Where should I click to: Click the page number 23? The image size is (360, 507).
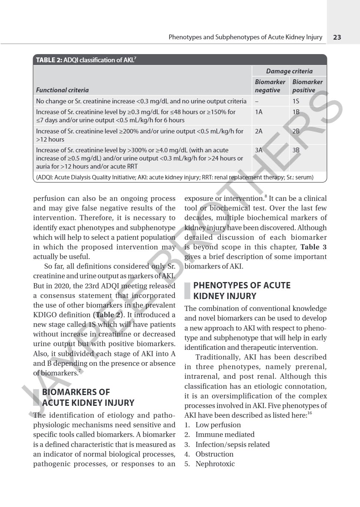(x=337, y=37)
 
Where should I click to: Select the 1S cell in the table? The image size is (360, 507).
(x=295, y=101)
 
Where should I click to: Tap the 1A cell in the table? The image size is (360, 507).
(x=258, y=112)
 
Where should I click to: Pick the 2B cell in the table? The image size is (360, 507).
(x=296, y=131)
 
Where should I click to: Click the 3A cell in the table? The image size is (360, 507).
(x=258, y=150)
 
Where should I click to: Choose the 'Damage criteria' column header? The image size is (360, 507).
(x=289, y=71)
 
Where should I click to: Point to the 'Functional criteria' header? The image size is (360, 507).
(x=62, y=90)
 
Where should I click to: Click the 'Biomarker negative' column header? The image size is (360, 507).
(x=270, y=86)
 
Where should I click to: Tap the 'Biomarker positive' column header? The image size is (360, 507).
(x=307, y=86)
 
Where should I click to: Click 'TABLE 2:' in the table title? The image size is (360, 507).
(x=49, y=60)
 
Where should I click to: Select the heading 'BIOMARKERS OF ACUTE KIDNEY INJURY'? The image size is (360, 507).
(x=88, y=397)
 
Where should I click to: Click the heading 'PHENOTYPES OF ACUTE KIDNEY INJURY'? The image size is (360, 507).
(x=242, y=291)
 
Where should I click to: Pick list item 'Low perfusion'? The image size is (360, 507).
(x=218, y=425)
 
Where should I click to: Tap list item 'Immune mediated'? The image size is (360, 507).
(x=225, y=435)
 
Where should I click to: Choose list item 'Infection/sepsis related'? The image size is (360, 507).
(x=232, y=444)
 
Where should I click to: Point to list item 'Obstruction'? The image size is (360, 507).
(x=214, y=454)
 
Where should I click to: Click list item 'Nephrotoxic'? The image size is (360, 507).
(x=215, y=464)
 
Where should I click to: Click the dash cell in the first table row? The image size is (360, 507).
(x=257, y=102)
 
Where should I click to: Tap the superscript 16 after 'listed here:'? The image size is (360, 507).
(x=310, y=413)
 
